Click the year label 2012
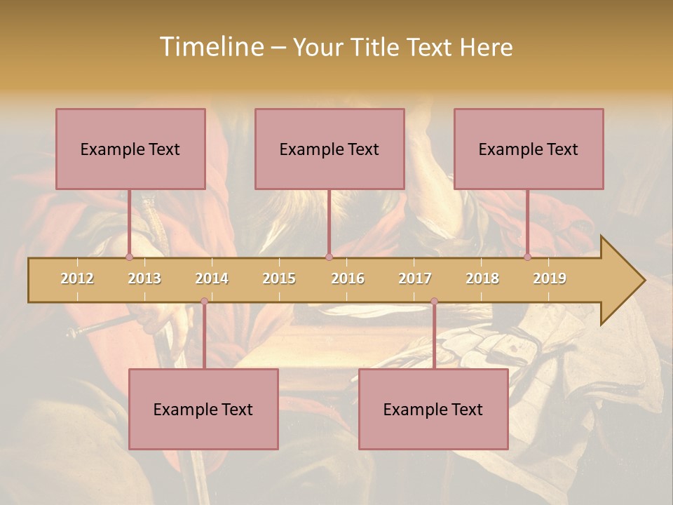pos(77,278)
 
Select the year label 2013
pos(144,278)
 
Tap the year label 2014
pos(212,278)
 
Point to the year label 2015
pos(279,278)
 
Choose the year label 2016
pos(348,278)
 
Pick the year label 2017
pos(415,278)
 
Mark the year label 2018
pos(482,278)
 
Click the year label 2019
pos(550,278)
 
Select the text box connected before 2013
pos(130,149)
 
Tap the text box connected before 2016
pos(329,149)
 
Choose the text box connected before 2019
pos(529,149)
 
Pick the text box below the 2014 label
pos(203,409)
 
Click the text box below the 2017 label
pos(433,409)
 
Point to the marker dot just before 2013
pos(129,257)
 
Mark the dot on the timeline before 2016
pos(329,257)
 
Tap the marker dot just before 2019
pos(527,257)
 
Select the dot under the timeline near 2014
pos(204,302)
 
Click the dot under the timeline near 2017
pos(434,302)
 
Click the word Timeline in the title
pos(211,47)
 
